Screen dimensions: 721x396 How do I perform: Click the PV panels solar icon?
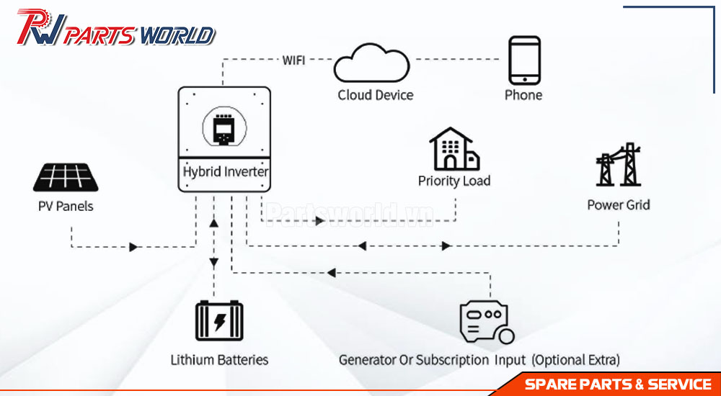66,177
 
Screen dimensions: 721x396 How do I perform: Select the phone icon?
523,60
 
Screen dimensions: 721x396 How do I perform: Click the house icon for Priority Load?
454,149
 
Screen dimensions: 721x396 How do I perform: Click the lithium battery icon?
219,320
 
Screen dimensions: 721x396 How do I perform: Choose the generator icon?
487,322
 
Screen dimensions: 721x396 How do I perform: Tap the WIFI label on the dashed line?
294,60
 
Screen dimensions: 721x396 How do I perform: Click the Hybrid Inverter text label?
225,172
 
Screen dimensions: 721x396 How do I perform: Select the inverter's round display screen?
224,126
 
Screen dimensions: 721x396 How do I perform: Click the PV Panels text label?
66,206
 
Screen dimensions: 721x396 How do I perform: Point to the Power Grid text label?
619,204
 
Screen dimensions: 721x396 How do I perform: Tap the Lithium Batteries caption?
219,359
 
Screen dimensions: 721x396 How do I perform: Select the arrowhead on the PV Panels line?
133,247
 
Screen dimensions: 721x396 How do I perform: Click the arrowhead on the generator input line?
331,274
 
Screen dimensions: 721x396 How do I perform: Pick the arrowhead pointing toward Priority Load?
319,221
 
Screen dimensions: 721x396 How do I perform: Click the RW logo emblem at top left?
41,27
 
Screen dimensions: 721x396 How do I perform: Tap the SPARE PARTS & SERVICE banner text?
619,384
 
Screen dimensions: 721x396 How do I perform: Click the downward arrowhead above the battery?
214,263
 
